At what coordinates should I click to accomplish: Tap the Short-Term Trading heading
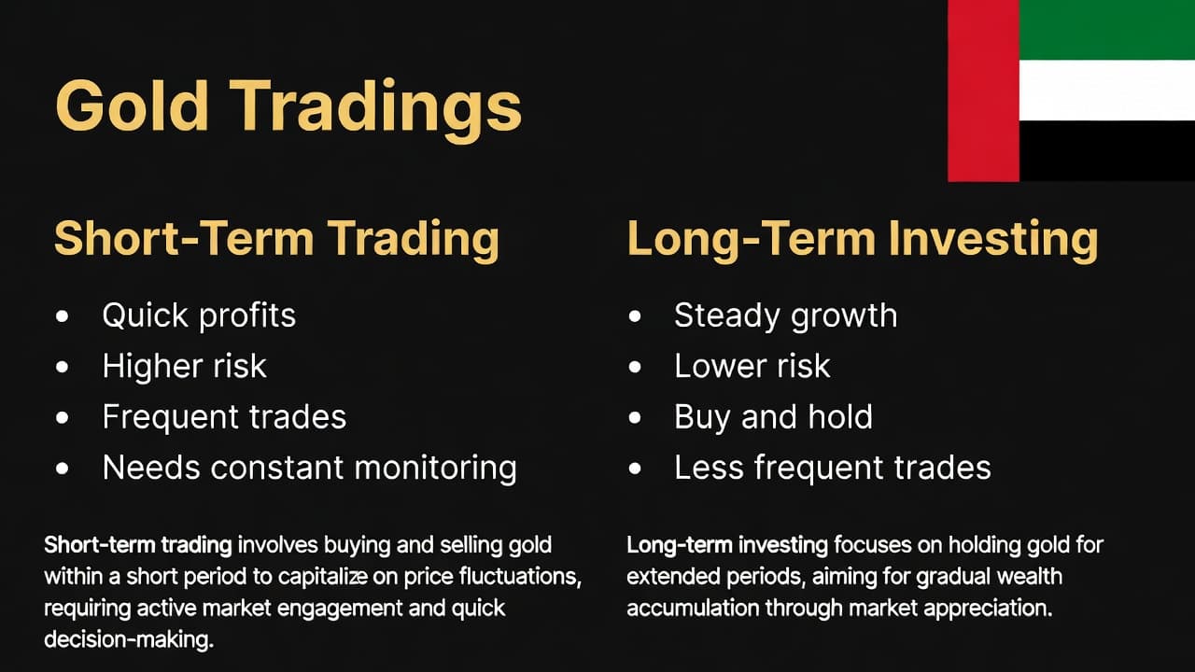pos(276,238)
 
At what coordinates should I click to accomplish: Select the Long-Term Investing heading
pos(862,238)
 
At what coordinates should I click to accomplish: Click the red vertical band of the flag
pos(983,91)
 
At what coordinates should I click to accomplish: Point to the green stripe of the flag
pos(1106,30)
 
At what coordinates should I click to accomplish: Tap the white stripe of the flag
pos(1106,91)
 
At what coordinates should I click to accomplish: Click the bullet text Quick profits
pos(199,315)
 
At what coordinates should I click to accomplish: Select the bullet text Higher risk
pos(184,366)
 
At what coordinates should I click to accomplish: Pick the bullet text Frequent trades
pos(224,416)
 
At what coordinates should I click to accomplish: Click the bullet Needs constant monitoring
pos(309,467)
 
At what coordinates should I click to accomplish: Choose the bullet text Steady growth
pos(785,315)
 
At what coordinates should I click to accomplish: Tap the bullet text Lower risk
pos(752,366)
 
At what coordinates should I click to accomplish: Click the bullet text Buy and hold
pos(773,416)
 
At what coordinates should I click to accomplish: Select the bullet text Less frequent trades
pos(832,467)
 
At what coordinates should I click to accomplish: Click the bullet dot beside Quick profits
pos(63,316)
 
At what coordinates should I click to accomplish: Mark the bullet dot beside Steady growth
pos(635,316)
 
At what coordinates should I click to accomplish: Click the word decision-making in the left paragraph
pos(129,641)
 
